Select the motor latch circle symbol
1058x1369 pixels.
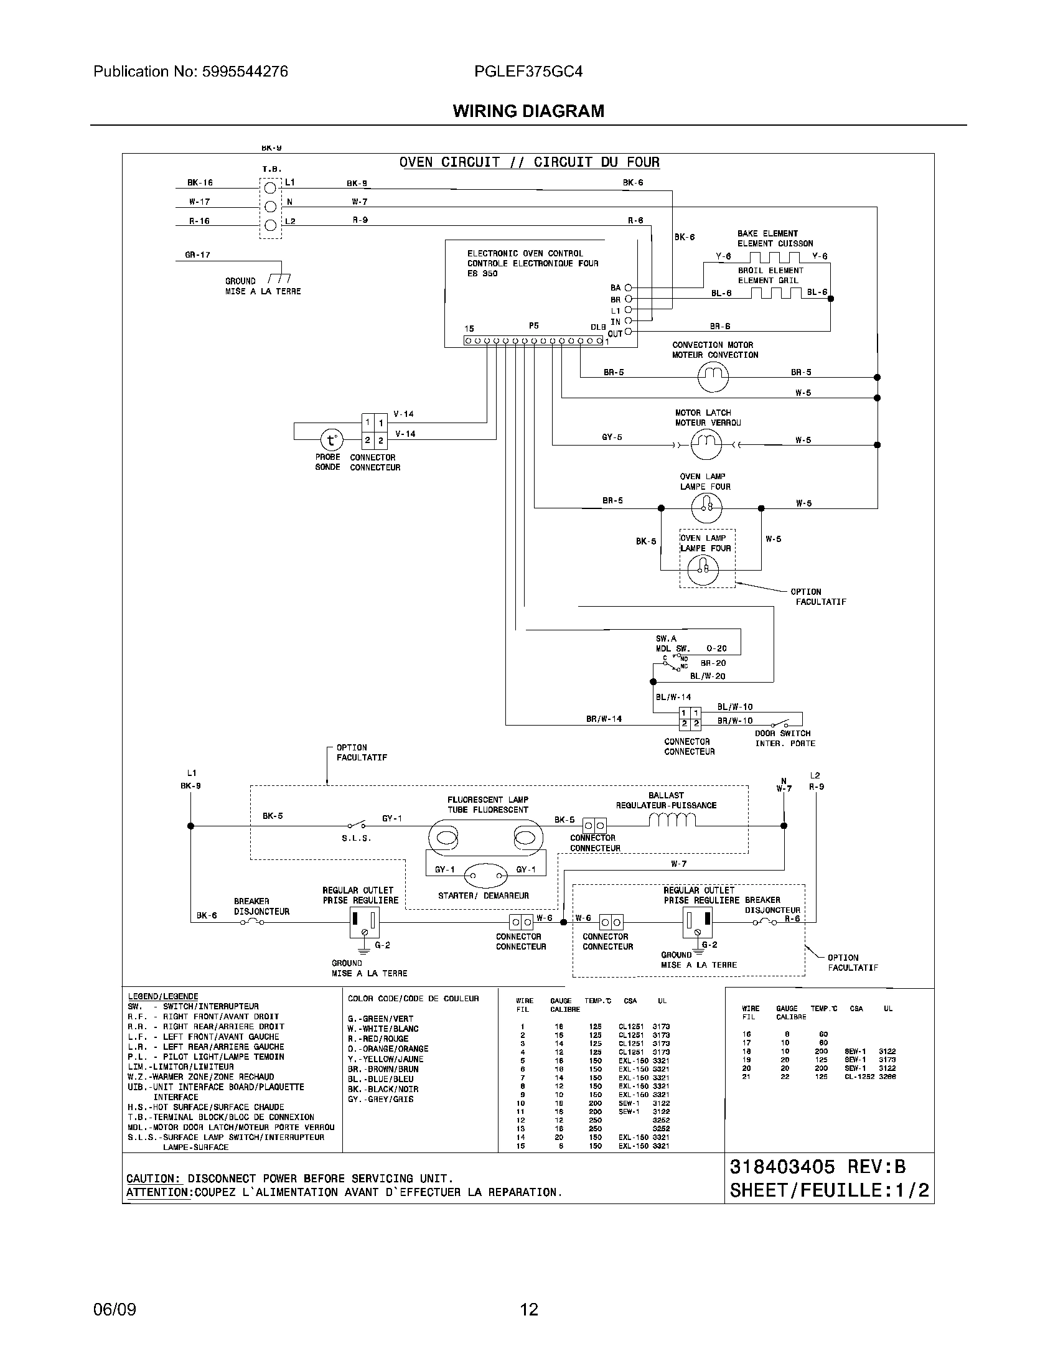click(706, 445)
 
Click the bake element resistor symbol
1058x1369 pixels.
click(774, 258)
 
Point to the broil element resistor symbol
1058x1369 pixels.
click(775, 292)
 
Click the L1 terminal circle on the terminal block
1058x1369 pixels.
click(270, 187)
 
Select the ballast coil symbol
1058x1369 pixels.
click(672, 820)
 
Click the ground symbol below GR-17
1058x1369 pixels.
click(279, 278)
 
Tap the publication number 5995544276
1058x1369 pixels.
click(245, 72)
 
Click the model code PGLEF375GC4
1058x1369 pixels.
click(528, 72)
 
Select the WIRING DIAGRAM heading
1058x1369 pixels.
click(528, 111)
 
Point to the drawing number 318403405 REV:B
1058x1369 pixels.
click(817, 1167)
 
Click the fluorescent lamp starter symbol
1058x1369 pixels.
click(488, 876)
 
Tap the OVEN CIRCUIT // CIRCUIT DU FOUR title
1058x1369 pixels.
click(530, 162)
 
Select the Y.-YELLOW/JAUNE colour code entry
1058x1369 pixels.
click(385, 1058)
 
